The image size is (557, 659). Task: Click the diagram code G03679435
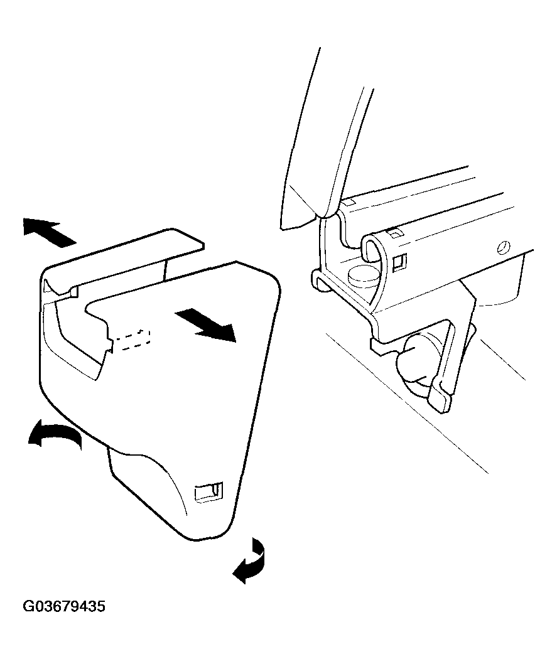[x=64, y=607]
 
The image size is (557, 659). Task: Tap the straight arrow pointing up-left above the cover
[x=49, y=232]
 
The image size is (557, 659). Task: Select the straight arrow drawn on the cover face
[x=205, y=323]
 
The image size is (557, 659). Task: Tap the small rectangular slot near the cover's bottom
[x=209, y=491]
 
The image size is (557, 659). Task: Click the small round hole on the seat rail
[x=503, y=248]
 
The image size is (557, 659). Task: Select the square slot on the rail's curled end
[x=399, y=262]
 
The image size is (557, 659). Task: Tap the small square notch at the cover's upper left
[x=74, y=291]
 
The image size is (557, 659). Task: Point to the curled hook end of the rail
[x=374, y=252]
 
